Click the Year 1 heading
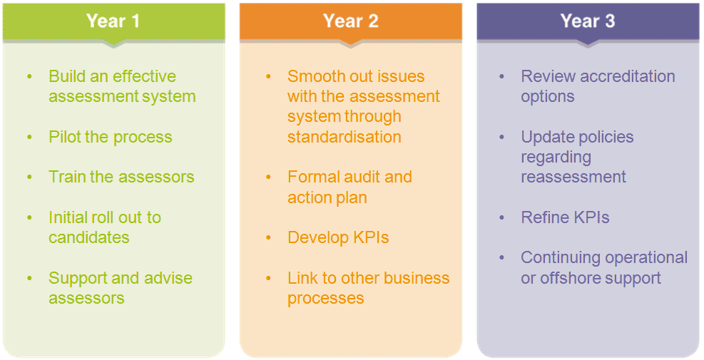pyautogui.click(x=113, y=21)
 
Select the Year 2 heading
pyautogui.click(x=350, y=21)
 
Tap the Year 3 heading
pyautogui.click(x=587, y=21)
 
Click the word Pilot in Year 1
pyautogui.click(x=65, y=137)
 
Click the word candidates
pyautogui.click(x=89, y=237)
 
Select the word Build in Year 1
pyautogui.click(x=66, y=76)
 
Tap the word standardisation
pyautogui.click(x=344, y=136)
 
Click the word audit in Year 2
pyautogui.click(x=362, y=177)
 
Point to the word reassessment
pyautogui.click(x=573, y=177)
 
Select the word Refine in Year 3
pyautogui.click(x=544, y=217)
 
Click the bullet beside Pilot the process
pyautogui.click(x=30, y=137)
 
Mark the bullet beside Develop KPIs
pyautogui.click(x=268, y=237)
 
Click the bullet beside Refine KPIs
pyautogui.click(x=503, y=217)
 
